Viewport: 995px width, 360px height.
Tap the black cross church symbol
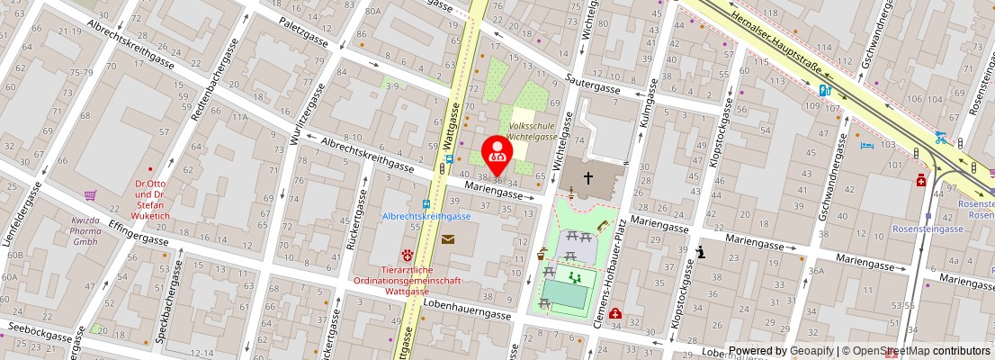587,178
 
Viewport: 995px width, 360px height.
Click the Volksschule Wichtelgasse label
531,131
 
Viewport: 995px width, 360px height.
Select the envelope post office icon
447,238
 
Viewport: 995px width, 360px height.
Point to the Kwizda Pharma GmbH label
85,229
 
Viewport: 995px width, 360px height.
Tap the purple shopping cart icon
90,194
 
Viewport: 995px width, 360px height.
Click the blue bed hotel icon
866,145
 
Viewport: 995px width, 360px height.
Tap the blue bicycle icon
940,138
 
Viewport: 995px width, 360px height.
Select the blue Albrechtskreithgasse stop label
426,216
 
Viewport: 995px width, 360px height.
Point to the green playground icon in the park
574,279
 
